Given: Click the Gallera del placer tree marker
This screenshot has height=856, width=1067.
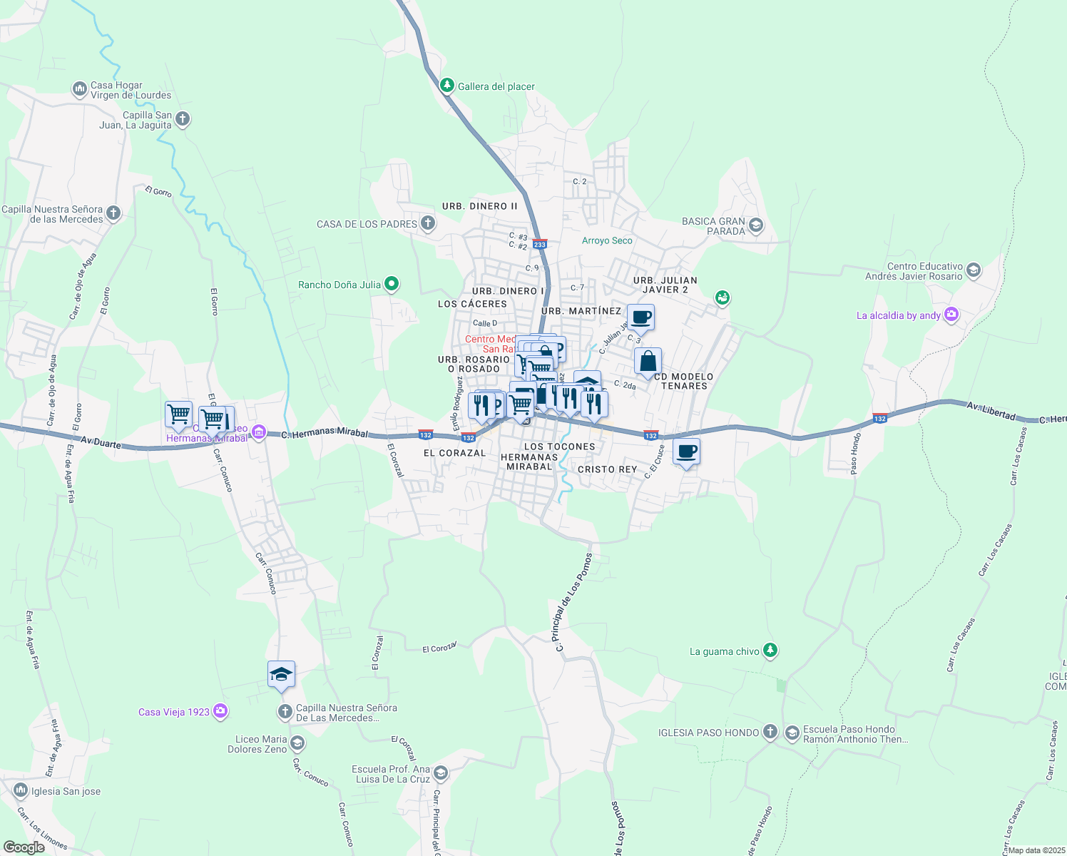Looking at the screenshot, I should pos(447,86).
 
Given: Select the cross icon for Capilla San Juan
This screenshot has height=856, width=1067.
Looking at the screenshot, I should pos(183,118).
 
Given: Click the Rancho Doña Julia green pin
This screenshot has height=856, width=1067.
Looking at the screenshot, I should pos(391,284).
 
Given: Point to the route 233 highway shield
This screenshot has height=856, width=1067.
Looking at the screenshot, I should pos(540,244).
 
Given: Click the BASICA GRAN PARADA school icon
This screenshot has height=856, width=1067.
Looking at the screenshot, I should pos(756,226).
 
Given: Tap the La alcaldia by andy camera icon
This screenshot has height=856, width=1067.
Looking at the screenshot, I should pos(951,315).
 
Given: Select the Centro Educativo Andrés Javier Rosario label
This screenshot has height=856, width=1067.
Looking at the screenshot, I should pos(914,271).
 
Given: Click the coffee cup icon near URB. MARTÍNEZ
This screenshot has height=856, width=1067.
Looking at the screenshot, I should pos(640,317).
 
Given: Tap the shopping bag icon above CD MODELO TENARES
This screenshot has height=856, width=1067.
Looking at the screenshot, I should pos(648,361).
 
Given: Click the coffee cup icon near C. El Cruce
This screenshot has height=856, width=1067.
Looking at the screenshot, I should pos(686,452).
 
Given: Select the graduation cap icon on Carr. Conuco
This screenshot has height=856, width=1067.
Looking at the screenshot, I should pos(281,674).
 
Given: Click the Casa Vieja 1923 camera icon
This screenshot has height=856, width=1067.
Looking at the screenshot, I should pos(220,711).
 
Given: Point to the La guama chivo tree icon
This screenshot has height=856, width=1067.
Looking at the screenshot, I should pos(770,651).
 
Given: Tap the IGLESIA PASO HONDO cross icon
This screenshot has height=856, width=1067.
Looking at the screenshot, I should pos(770,732).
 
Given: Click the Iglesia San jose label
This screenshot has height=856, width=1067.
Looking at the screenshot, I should pos(66,791).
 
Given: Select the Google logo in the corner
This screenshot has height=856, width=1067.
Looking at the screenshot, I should pos(24,847).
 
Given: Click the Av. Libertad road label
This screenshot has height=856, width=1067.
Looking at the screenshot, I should pos(991,410).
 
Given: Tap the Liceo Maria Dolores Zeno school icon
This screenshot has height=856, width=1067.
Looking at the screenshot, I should pos(297,744).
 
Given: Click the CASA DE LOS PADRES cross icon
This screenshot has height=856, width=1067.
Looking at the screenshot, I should pos(427,223).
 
